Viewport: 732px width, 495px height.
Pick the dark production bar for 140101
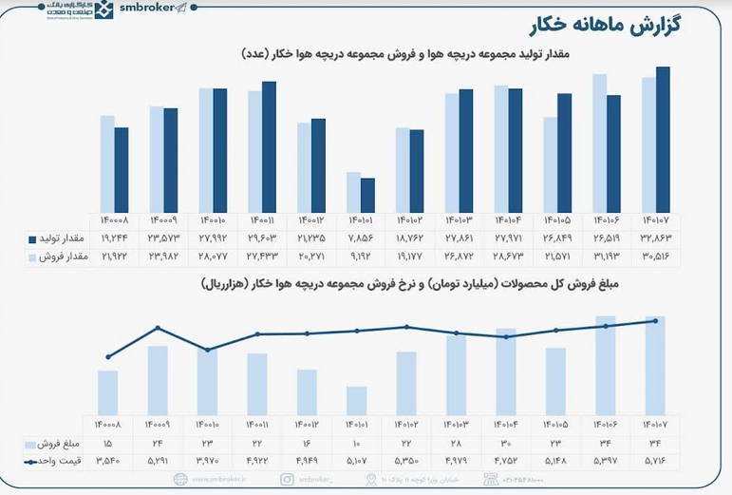(x=367, y=196)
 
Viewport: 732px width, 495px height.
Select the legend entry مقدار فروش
(x=62, y=257)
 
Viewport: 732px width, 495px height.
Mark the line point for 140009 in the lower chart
(x=158, y=329)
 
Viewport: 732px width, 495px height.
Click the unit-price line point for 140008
(x=108, y=357)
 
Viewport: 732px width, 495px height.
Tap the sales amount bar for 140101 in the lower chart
(x=356, y=400)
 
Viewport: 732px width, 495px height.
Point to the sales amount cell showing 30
(x=506, y=444)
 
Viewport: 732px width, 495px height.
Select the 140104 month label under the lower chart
(x=506, y=424)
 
